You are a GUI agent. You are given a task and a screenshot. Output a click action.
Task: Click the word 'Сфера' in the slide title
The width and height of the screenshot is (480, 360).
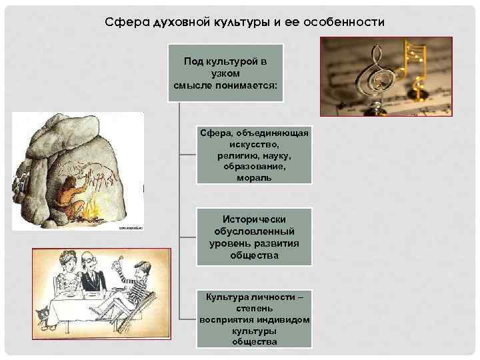click(x=123, y=22)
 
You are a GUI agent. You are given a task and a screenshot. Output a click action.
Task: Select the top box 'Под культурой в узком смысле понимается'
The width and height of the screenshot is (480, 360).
click(x=225, y=73)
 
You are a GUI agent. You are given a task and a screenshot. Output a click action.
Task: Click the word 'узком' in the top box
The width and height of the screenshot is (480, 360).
click(x=225, y=73)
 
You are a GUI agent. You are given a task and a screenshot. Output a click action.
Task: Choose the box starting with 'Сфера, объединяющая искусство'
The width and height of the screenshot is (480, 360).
click(x=254, y=155)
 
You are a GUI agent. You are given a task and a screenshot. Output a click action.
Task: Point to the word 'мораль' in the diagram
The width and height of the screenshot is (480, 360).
click(x=254, y=178)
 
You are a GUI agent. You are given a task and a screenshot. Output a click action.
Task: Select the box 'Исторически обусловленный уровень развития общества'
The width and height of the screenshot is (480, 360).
click(x=254, y=237)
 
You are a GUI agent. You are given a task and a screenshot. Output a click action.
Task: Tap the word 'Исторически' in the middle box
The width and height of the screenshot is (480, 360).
click(x=254, y=219)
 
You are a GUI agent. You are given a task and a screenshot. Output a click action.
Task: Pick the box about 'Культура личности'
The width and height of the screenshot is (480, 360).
click(x=254, y=319)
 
